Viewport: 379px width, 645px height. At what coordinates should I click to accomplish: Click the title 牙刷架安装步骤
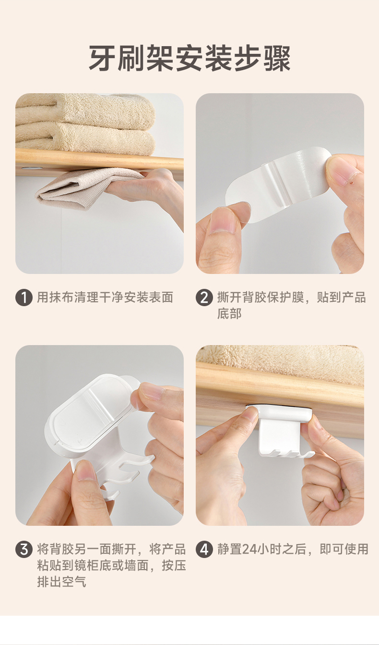click(x=189, y=59)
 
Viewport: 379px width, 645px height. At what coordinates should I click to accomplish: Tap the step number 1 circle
click(x=24, y=298)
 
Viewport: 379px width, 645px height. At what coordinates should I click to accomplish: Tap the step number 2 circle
click(x=204, y=298)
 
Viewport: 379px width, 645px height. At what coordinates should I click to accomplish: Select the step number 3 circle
click(x=24, y=549)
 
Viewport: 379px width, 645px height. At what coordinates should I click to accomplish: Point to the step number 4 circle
click(x=204, y=549)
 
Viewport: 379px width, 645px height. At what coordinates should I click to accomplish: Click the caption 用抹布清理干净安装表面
click(x=105, y=298)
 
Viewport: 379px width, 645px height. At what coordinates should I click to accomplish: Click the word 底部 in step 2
click(x=229, y=313)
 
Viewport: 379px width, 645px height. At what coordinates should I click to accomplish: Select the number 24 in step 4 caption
click(x=249, y=549)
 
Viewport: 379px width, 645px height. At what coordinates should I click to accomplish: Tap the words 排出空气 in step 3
click(x=61, y=582)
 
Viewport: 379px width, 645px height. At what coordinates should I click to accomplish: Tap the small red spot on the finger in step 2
click(x=351, y=182)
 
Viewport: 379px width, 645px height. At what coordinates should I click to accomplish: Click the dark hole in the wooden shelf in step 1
click(x=27, y=168)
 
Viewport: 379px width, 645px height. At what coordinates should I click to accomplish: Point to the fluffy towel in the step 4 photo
click(x=280, y=357)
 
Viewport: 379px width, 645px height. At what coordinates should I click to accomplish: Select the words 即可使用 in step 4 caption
click(x=344, y=549)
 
